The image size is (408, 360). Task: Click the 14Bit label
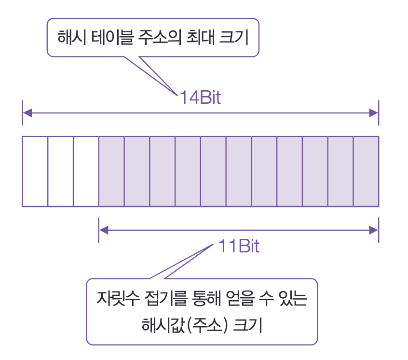(200, 98)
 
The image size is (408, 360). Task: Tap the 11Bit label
(239, 247)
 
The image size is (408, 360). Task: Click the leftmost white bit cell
(35, 171)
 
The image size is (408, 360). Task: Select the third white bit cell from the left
(86, 171)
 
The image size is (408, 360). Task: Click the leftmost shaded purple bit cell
(111, 171)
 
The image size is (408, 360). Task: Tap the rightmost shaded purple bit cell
(366, 171)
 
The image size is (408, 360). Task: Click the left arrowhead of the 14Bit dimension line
(27, 113)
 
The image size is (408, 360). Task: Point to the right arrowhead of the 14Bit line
(374, 113)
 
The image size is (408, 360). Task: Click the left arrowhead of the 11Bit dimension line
(103, 230)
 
